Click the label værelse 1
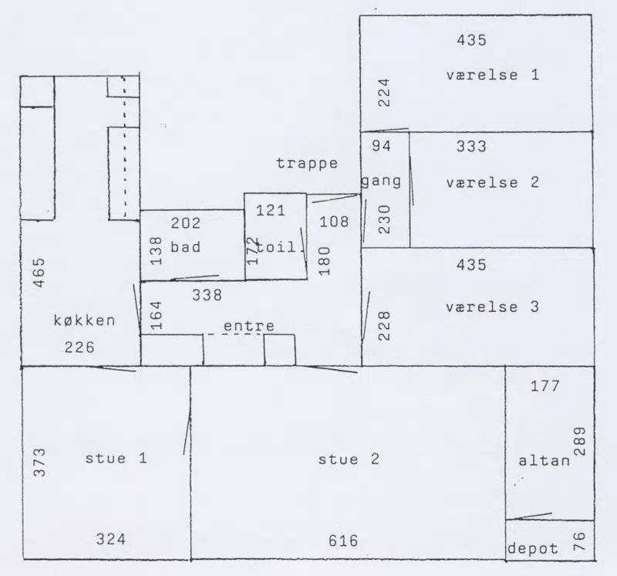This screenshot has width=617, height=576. click(x=493, y=75)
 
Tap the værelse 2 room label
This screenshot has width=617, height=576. click(x=493, y=183)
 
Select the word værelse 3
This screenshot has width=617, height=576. click(x=493, y=307)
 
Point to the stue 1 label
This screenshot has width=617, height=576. click(x=116, y=458)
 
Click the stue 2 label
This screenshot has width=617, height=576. click(x=349, y=459)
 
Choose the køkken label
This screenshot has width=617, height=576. click(x=85, y=320)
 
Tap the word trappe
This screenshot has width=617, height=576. click(x=307, y=164)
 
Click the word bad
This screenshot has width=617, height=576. click(x=185, y=247)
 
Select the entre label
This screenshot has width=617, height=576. click(x=249, y=326)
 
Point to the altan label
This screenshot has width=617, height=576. click(x=545, y=460)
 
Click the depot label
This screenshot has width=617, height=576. click(x=533, y=548)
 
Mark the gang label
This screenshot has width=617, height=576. click(x=381, y=181)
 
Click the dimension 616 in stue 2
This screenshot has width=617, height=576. click(x=343, y=541)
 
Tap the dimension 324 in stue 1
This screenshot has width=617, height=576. click(x=111, y=540)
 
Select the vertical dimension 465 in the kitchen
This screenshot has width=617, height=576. click(x=39, y=273)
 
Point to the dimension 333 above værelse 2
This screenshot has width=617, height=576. click(x=471, y=147)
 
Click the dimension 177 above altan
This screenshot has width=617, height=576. click(x=545, y=386)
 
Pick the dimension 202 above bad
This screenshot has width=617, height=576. click(x=186, y=223)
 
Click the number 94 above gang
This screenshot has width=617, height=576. click(x=381, y=146)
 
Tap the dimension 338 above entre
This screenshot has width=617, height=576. click(x=207, y=295)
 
